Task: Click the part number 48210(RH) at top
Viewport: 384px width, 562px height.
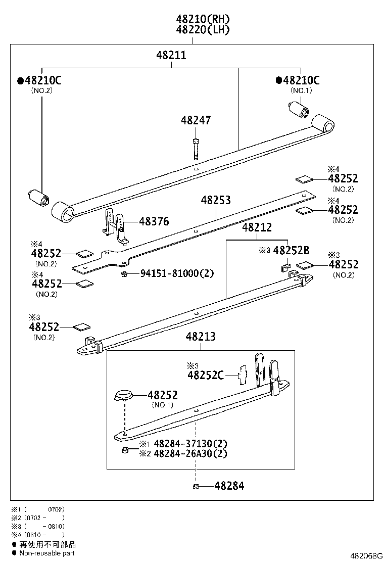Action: coord(203,19)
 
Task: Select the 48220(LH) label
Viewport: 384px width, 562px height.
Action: coord(203,30)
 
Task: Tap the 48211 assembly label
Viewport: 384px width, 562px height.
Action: coord(171,55)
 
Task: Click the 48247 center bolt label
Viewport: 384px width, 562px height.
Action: coord(196,120)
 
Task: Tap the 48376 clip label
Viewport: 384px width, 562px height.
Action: coord(154,221)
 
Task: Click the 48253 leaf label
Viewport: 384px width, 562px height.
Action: coord(216,200)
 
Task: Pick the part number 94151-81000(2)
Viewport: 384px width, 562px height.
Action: coord(177,273)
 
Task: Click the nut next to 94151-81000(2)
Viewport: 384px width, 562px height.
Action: coord(124,273)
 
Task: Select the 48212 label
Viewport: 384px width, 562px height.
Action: coord(257,228)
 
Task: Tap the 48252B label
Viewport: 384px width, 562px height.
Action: coord(291,250)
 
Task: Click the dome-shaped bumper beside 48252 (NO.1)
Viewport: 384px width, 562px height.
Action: coord(124,395)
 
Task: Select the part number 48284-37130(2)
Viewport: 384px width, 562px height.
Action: coord(190,444)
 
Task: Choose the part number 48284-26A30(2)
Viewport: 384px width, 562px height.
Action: coord(190,453)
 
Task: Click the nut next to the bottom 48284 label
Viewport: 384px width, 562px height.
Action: coord(196,486)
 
